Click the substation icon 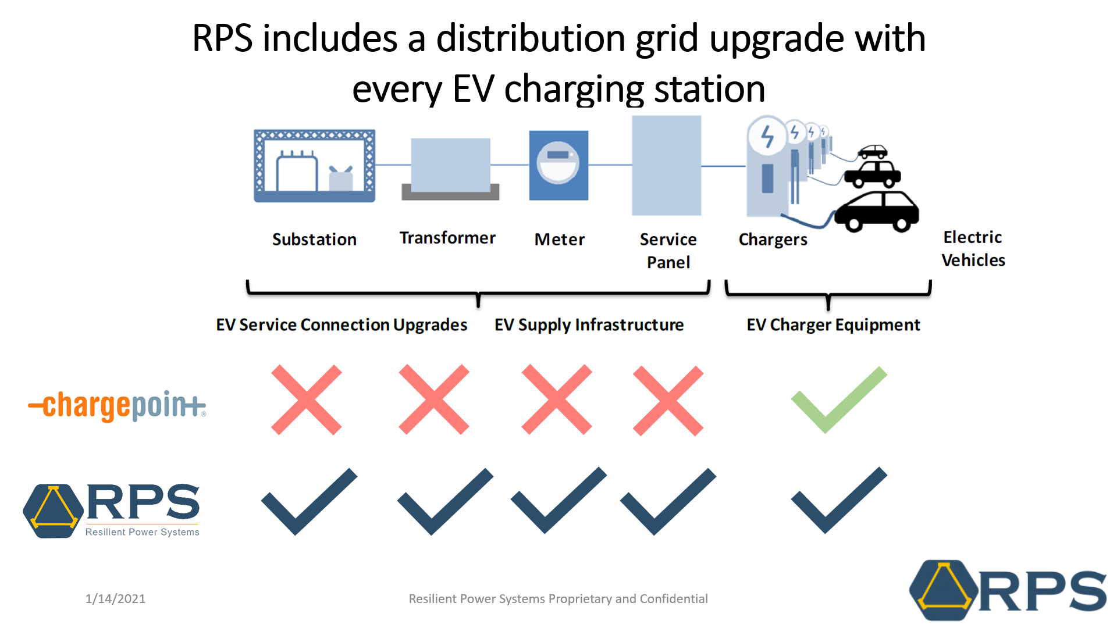coord(314,166)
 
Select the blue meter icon coord(558,165)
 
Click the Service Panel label coord(668,251)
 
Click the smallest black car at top coord(873,152)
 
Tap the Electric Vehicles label coord(973,248)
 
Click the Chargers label coord(773,240)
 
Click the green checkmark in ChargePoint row coord(838,400)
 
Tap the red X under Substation coord(306,400)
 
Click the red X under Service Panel coord(668,401)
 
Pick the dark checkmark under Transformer coord(445,501)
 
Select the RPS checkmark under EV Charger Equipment coord(838,500)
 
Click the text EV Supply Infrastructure coord(589,324)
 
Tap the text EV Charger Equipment coord(833,324)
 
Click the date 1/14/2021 coord(115,598)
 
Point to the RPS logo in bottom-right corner coord(1007,590)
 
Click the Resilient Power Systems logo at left coord(112,511)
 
